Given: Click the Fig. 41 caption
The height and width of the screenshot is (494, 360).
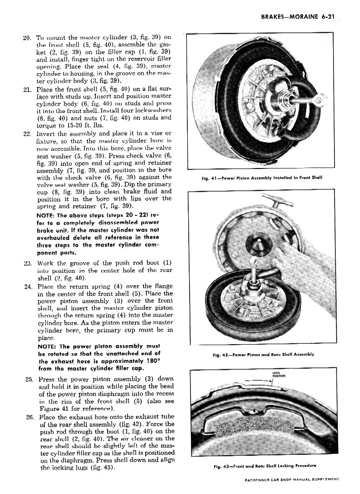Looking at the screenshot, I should tap(262, 178).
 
